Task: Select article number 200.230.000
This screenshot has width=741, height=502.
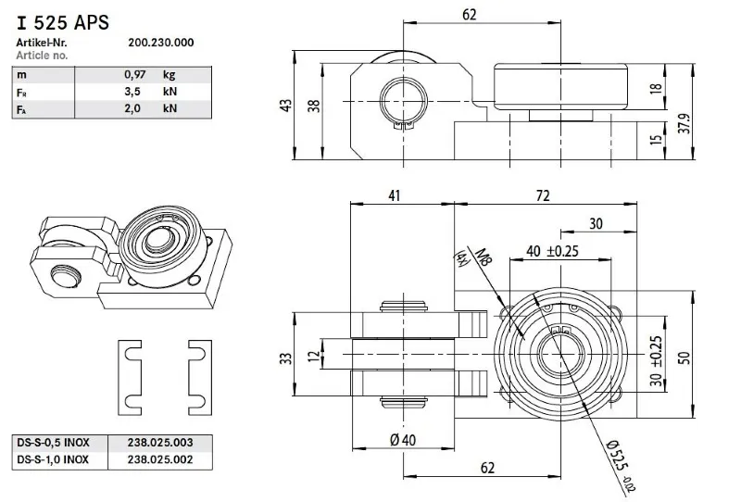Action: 160,43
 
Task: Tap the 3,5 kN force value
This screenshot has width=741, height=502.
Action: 136,92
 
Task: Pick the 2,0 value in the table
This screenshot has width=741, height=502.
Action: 136,109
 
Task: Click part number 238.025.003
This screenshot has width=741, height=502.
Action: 159,442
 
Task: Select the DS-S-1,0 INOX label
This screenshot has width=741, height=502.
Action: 54,458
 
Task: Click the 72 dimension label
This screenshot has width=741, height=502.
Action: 544,195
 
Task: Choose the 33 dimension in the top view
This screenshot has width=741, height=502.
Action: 288,358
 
